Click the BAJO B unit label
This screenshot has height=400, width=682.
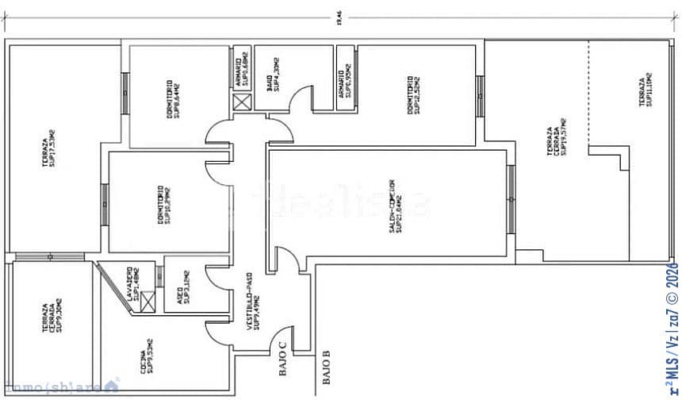point(326,369)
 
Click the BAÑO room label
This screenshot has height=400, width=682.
point(274,71)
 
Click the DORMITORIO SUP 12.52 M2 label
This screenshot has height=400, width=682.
point(412,95)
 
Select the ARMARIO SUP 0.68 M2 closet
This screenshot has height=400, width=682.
point(242,71)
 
